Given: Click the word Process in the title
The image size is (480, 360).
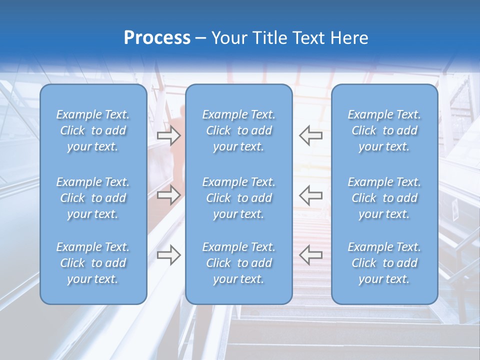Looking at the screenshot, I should click(x=157, y=38).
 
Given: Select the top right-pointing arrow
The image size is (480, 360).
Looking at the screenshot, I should click(x=168, y=135).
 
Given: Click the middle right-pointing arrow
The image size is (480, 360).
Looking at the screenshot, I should click(x=168, y=194).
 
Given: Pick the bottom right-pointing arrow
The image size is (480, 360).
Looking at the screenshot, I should click(x=168, y=255).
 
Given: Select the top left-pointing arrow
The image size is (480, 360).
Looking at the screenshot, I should click(x=311, y=135).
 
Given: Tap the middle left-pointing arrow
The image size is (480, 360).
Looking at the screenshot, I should click(x=311, y=194).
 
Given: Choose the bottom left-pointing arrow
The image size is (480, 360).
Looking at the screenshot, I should click(x=311, y=255).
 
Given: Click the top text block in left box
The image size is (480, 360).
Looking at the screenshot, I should click(x=93, y=130).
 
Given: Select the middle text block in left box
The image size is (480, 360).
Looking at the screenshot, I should click(x=93, y=198).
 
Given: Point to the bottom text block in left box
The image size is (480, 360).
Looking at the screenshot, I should click(x=93, y=263).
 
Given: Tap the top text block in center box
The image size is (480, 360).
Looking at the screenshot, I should click(x=238, y=130).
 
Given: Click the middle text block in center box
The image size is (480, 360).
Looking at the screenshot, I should click(x=238, y=198).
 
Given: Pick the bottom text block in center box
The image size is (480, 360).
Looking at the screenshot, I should click(x=238, y=263).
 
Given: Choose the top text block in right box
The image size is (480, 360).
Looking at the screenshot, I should click(x=384, y=130).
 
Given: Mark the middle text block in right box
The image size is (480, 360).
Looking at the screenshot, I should click(x=384, y=198).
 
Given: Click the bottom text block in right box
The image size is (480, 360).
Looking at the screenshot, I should click(x=384, y=263).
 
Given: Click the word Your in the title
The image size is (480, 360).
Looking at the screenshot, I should click(x=230, y=38).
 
